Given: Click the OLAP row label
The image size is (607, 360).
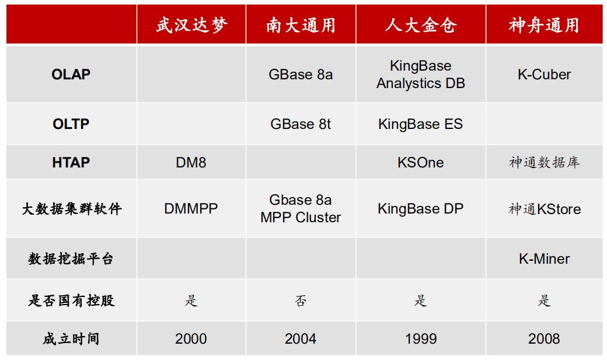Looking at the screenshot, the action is coord(71,74).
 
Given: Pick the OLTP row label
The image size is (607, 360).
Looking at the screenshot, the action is coord(71,124).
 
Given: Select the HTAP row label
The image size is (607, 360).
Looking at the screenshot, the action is coord(71,162).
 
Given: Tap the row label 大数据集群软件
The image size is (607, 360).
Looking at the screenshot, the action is coord(72,209).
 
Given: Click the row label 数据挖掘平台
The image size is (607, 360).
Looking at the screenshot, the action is coord(71,258).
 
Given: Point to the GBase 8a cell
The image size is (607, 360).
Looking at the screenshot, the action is coord(301,74).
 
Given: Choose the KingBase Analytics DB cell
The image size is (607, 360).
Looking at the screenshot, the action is coord(421,74).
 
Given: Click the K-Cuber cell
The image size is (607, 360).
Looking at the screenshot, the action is coord(544,74).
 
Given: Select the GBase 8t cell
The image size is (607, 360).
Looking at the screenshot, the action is coord(301,124).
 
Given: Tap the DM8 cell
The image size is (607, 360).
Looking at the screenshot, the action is coord(191,162).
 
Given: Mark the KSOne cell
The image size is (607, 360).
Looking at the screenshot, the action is coord(421,162).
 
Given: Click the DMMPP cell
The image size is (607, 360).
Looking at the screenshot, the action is coord(191,209).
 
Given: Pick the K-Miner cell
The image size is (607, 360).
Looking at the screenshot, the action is coord(544,258).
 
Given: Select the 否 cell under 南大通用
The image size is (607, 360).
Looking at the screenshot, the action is coord(301,300).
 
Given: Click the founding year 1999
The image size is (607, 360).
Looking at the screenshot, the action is coord(421,339).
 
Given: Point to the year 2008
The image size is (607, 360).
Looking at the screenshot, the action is coord(544,339).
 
